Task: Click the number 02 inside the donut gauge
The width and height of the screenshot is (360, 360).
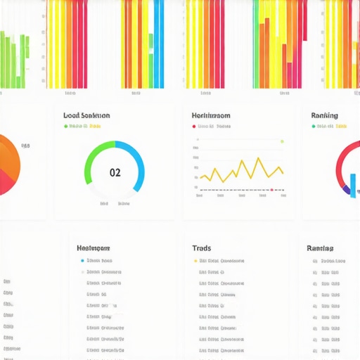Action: tap(115, 172)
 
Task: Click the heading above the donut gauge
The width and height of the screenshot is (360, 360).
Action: tap(86, 115)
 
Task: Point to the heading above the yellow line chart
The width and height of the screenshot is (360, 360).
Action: tap(212, 115)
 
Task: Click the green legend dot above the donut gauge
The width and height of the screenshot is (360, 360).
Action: tap(66, 127)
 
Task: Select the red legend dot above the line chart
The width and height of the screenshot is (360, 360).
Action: tap(194, 127)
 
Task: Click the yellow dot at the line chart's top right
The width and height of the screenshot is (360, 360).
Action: tap(282, 141)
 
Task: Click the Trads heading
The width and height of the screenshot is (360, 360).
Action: tap(201, 248)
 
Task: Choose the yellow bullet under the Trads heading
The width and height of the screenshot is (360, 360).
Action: tap(195, 261)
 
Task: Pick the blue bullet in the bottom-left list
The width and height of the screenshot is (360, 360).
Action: tap(82, 261)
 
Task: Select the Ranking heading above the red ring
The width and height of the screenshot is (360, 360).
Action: tap(324, 115)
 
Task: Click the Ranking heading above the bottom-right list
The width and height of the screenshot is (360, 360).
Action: tap(320, 248)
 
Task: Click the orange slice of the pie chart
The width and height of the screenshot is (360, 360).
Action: tap(8, 158)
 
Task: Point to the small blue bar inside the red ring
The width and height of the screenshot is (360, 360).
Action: tap(352, 185)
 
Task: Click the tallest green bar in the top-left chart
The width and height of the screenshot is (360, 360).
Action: tap(6, 60)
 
